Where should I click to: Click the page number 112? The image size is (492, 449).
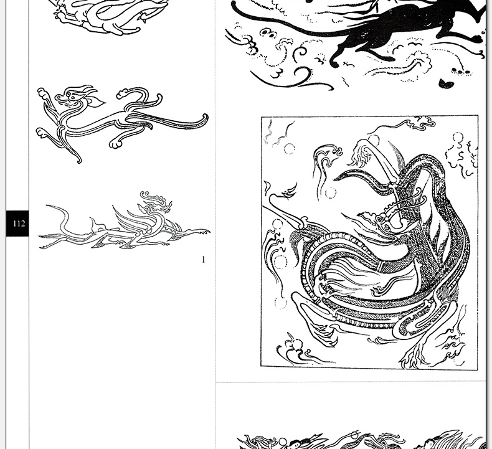coord(19,224)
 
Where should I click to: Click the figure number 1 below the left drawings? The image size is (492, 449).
coord(204,260)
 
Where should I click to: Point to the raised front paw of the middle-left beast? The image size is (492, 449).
coord(42,93)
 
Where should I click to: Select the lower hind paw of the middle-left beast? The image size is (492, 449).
coord(115,144)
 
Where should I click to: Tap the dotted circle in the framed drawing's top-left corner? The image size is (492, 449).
coord(290,148)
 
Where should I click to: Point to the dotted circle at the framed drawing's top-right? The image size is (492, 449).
coord(458,138)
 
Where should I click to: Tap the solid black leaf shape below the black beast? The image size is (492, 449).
coord(446,84)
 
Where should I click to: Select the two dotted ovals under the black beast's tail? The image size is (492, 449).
coord(267,32)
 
